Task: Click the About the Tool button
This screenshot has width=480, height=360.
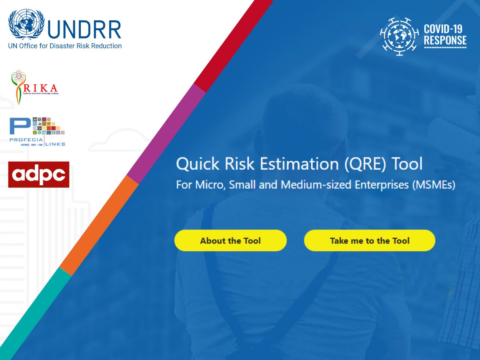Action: pyautogui.click(x=230, y=240)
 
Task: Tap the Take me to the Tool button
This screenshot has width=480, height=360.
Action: pyautogui.click(x=370, y=240)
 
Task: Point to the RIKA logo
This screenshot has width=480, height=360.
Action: pyautogui.click(x=34, y=87)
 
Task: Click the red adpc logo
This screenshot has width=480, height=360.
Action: pyautogui.click(x=39, y=174)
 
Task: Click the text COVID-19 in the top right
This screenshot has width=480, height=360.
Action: pyautogui.click(x=443, y=29)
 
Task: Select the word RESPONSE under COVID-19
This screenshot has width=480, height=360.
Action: pyautogui.click(x=445, y=40)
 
